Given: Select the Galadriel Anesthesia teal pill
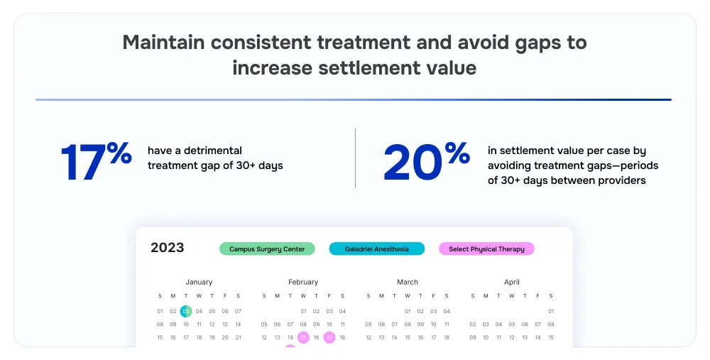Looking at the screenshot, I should [377, 249].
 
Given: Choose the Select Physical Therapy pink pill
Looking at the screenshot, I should [486, 249].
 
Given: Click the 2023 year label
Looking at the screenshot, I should [168, 248].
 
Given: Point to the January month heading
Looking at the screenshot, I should [199, 282].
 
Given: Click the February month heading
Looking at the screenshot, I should [303, 282].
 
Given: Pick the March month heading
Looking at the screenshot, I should [408, 282].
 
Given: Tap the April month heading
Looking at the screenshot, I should [512, 282].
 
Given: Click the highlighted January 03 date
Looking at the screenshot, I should [186, 311].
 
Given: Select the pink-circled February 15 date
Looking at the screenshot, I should [303, 337].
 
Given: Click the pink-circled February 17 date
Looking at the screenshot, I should [329, 337].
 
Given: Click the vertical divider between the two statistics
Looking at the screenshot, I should [355, 158].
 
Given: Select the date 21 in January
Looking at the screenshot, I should [238, 337].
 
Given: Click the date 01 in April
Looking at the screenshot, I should [551, 311].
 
